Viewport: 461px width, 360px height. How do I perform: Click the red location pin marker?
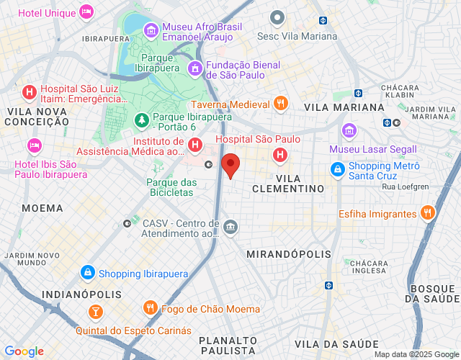(x=230, y=165)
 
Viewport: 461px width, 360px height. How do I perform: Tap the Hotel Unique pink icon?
(x=86, y=12)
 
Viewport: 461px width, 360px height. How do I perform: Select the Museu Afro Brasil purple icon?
(x=151, y=30)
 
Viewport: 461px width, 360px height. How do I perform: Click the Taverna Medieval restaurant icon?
(x=281, y=103)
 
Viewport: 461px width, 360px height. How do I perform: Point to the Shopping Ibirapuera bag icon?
(x=87, y=273)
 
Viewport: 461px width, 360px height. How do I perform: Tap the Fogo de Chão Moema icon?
(x=151, y=308)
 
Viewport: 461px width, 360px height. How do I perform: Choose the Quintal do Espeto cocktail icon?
(x=94, y=312)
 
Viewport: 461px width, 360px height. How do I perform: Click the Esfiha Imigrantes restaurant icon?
(x=428, y=212)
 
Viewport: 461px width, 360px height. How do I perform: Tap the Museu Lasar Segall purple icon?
(x=349, y=131)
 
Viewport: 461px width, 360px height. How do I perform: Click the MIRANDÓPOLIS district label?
(x=289, y=254)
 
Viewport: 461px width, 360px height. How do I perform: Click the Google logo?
(x=24, y=351)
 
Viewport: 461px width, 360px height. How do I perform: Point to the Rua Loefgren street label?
(x=406, y=187)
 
